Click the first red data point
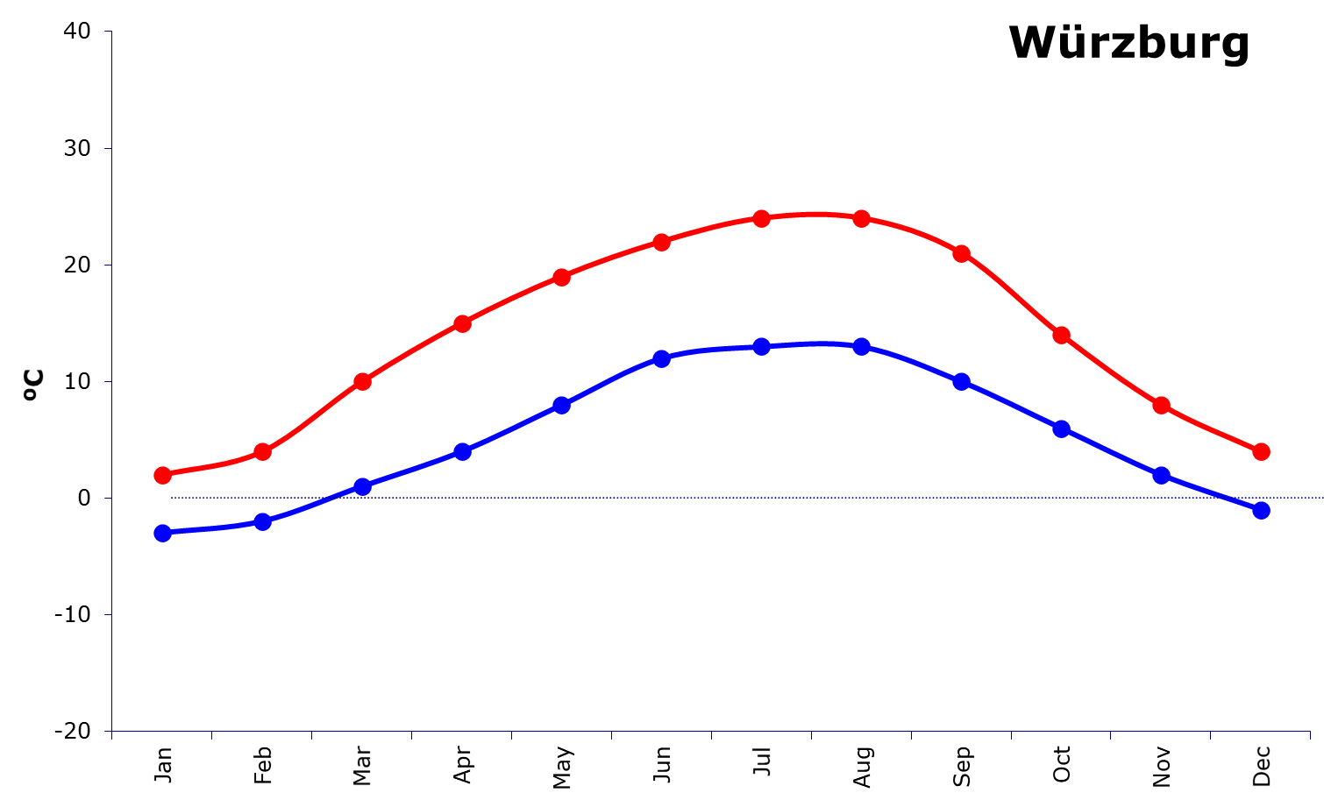coord(162,475)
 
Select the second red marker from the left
coord(262,451)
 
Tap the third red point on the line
coord(362,381)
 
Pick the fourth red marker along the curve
coord(462,323)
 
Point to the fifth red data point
coord(562,277)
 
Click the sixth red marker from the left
coord(662,242)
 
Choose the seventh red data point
coord(762,218)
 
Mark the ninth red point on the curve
coord(962,253)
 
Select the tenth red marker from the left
coord(1062,335)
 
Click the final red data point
coord(1262,451)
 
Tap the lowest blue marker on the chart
coord(162,533)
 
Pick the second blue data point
coord(262,521)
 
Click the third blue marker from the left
coord(362,486)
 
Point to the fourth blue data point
coord(462,451)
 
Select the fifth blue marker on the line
coord(562,405)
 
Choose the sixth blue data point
coord(662,358)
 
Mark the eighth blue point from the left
coord(862,346)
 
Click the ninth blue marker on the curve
coord(962,381)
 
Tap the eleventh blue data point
coord(1162,475)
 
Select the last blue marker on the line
coord(1262,510)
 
